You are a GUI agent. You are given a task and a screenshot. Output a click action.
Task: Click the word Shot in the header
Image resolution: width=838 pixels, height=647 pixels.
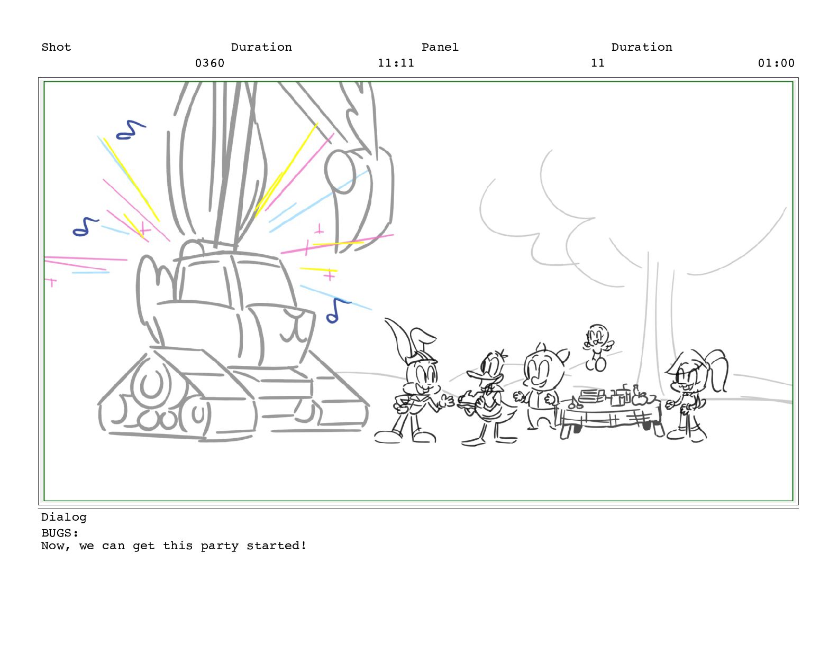coord(56,48)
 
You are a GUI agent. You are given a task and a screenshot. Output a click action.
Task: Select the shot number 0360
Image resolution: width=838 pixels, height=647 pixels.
coord(210,63)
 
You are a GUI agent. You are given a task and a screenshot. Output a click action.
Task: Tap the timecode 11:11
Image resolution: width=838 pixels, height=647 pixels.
coord(396,63)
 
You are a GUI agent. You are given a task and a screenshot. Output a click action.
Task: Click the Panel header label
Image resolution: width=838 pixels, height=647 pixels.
coord(440,48)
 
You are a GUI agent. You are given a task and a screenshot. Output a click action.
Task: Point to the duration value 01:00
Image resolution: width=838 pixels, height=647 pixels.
coord(776,63)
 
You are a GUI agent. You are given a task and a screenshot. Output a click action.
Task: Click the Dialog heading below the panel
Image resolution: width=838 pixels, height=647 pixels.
coord(64,517)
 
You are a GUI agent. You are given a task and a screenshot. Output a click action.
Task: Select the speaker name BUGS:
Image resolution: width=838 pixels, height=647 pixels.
coord(60,533)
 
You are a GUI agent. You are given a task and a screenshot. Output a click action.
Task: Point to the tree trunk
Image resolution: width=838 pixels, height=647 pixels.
coord(655,328)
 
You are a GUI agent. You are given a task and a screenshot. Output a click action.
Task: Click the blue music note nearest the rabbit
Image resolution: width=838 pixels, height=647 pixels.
coord(336,311)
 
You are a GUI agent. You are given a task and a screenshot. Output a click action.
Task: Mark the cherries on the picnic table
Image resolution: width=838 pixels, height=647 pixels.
coord(576,403)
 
